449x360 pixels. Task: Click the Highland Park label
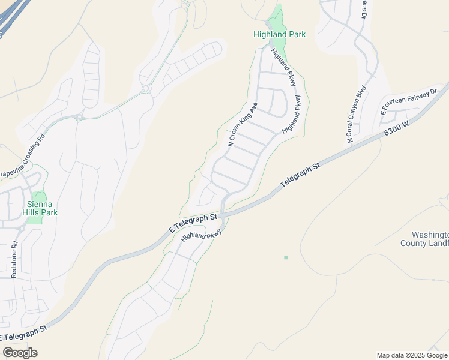(279, 34)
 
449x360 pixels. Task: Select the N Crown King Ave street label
(243, 124)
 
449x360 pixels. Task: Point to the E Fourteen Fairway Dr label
(410, 101)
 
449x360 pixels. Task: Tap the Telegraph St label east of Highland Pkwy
(300, 175)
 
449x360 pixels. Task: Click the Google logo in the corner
(20, 353)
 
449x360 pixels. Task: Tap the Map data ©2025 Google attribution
(412, 355)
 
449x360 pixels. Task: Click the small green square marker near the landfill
(286, 258)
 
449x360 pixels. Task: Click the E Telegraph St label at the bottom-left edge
(24, 334)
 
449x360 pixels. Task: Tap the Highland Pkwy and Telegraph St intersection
(223, 214)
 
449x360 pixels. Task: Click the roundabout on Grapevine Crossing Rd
(79, 117)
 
